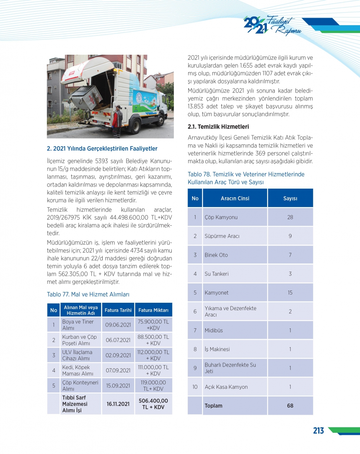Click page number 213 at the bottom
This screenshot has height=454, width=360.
[318, 431]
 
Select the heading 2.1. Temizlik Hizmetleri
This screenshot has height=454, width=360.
[218, 127]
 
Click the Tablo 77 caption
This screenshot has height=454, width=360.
[88, 294]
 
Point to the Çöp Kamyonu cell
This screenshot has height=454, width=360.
[221, 217]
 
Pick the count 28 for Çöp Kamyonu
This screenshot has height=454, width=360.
[290, 217]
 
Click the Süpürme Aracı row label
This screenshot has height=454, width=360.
[222, 236]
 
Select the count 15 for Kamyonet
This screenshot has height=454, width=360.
[290, 293]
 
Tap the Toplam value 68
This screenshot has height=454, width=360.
[290, 406]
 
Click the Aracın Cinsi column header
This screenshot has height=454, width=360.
[235, 198]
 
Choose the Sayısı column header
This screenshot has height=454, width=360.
[290, 198]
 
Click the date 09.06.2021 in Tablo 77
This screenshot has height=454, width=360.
[118, 325]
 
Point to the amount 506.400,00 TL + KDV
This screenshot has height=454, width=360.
[153, 404]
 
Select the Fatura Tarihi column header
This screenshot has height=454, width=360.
[118, 310]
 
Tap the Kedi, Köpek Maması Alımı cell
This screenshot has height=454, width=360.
[77, 370]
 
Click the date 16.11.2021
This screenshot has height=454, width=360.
[118, 404]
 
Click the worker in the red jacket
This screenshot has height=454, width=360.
[117, 121]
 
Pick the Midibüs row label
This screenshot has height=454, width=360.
[213, 331]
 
